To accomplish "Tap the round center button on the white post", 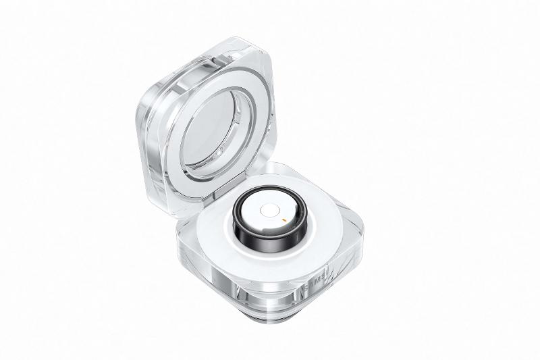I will point(270,211).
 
